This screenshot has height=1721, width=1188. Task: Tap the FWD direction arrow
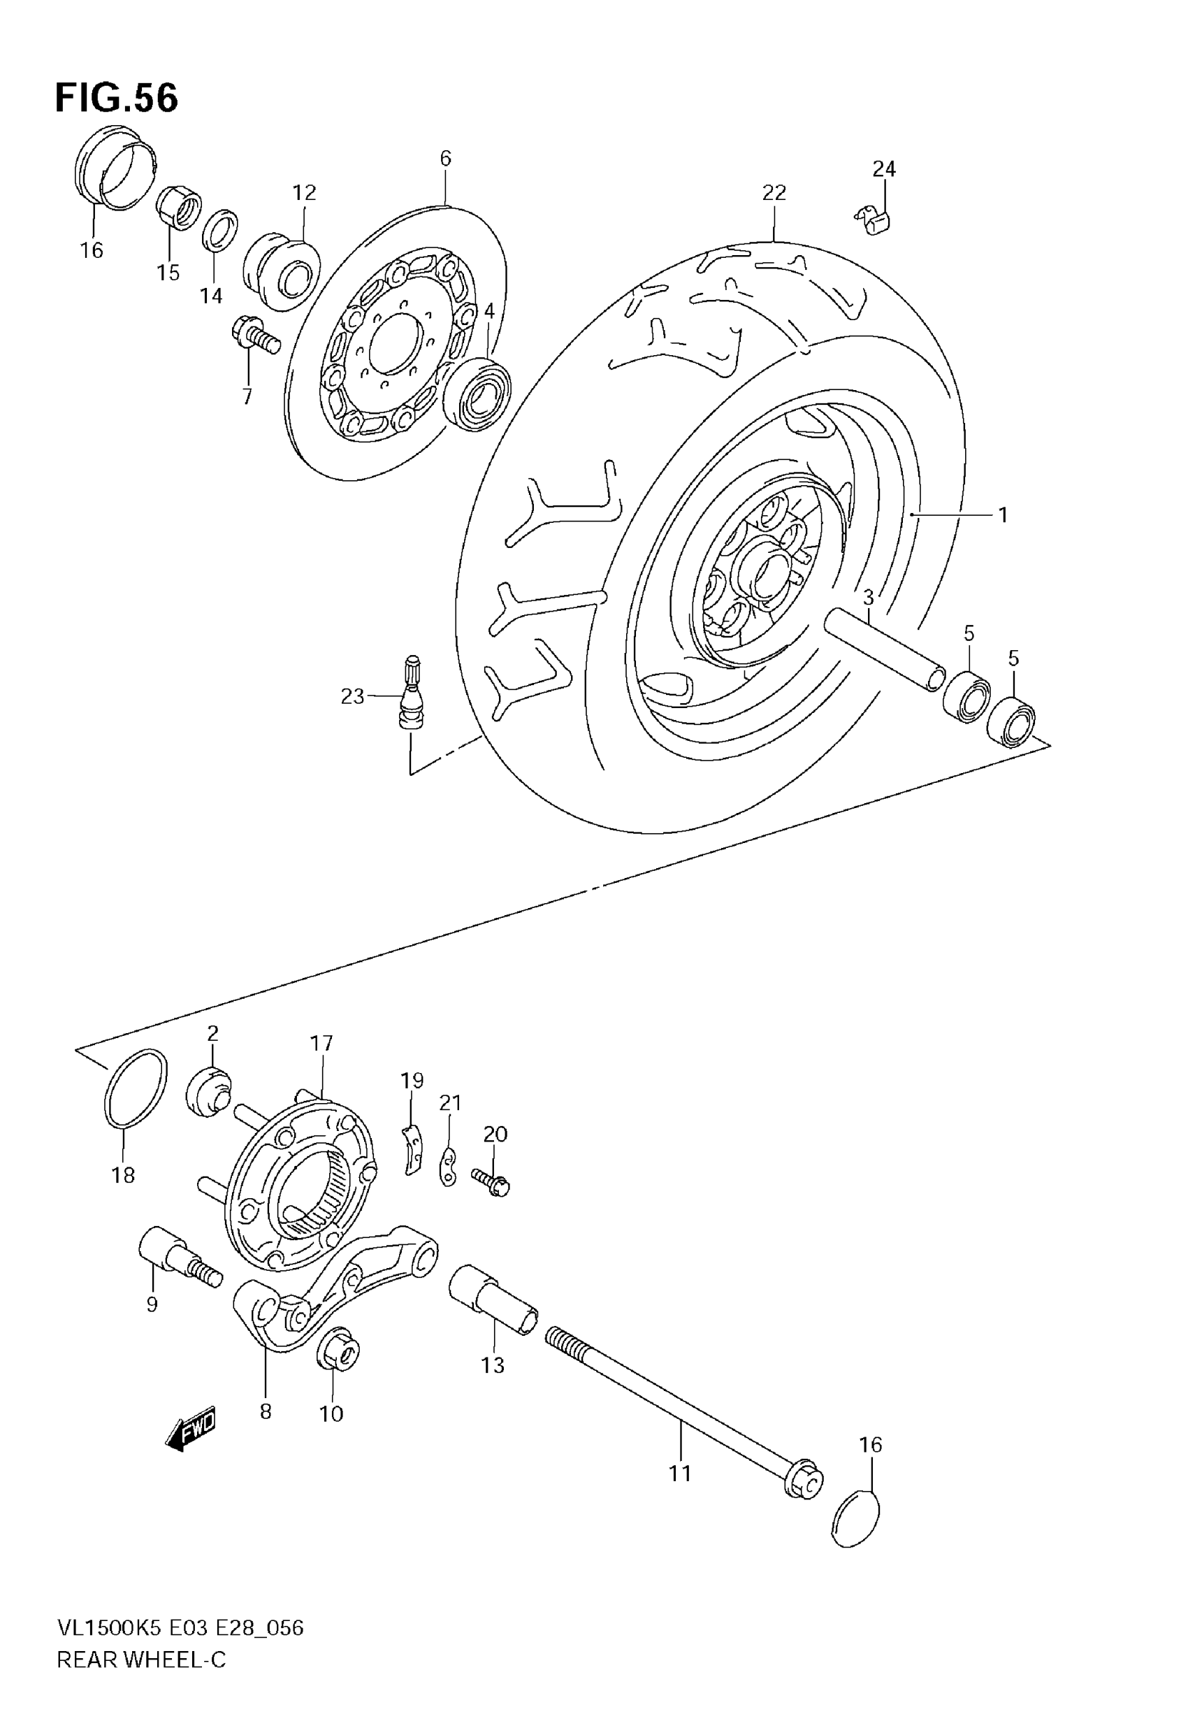point(191,1429)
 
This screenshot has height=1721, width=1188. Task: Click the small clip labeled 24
point(875,220)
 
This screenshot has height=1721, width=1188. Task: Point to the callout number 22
point(774,193)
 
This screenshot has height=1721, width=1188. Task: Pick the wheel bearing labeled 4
point(476,394)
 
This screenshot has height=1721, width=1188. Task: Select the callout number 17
point(321,1043)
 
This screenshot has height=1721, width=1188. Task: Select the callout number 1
point(1003,514)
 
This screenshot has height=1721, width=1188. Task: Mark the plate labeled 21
point(448,1167)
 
